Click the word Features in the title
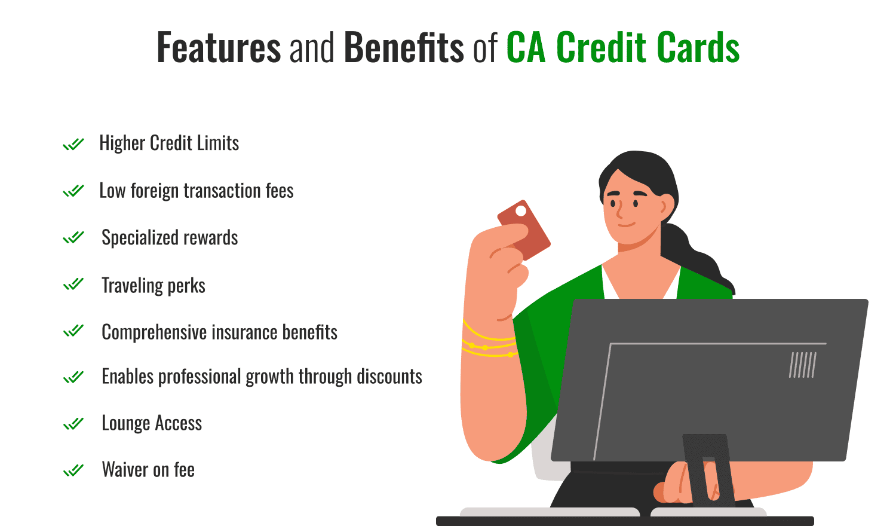pyautogui.click(x=218, y=48)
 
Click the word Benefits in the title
pyautogui.click(x=404, y=48)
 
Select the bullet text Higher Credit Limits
pyautogui.click(x=169, y=143)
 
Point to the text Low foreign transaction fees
pyautogui.click(x=197, y=191)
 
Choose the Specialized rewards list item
pyautogui.click(x=170, y=238)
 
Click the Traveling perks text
pyautogui.click(x=154, y=286)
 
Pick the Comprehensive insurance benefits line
pyautogui.click(x=219, y=332)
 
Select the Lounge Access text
pyautogui.click(x=152, y=423)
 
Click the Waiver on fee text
pyautogui.click(x=148, y=470)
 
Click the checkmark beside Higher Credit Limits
pyautogui.click(x=73, y=144)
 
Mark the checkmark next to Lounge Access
pyautogui.click(x=73, y=424)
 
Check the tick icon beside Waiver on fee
pyautogui.click(x=73, y=470)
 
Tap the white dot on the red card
pyautogui.click(x=521, y=211)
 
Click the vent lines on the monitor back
pyautogui.click(x=803, y=365)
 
